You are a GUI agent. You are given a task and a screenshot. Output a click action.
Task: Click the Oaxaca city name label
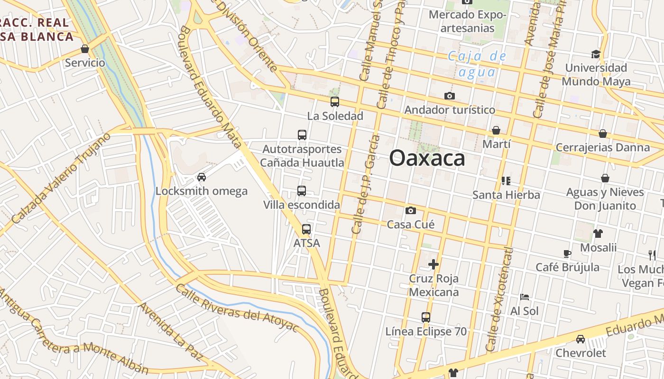[427, 158]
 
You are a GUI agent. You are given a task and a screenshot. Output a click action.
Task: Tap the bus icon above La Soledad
[335, 102]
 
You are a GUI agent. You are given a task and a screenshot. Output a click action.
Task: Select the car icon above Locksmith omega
[202, 177]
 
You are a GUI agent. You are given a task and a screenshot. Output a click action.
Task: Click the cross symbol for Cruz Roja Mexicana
[433, 264]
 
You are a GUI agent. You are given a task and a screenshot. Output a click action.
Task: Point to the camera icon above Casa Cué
[411, 210]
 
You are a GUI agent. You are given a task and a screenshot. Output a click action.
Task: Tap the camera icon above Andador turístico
[450, 96]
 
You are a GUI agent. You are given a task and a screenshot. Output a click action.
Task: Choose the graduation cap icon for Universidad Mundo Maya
[596, 54]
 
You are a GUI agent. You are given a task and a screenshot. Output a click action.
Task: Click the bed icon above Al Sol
[525, 297]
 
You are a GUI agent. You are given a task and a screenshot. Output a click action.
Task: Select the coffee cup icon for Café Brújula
[567, 253]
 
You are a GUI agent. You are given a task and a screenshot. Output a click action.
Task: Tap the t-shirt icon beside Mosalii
[598, 233]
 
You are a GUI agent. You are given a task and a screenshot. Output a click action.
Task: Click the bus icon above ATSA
[306, 229]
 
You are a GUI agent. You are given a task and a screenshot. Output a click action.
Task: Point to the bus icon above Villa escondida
[302, 191]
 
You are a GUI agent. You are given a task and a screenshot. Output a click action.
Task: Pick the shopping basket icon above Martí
[496, 130]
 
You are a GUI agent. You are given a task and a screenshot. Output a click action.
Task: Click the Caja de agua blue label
[477, 64]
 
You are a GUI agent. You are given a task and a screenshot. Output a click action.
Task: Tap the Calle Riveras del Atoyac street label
[237, 308]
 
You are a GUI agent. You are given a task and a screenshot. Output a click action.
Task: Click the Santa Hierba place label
[506, 195]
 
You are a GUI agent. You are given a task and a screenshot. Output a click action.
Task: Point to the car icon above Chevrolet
[581, 339]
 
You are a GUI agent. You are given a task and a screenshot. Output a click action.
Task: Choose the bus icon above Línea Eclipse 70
[426, 317]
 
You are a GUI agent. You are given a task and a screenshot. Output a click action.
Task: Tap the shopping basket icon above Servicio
[85, 49]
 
